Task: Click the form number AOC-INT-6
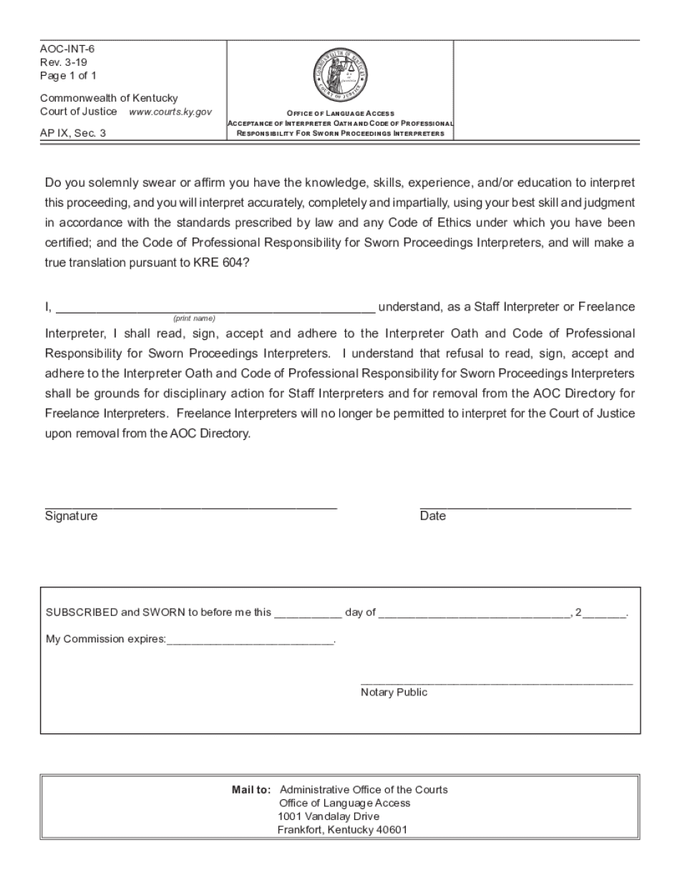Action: [x=67, y=49]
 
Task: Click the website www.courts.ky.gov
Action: [x=170, y=112]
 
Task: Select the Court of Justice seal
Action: [x=340, y=75]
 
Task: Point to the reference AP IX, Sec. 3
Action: [x=73, y=132]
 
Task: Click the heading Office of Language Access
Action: [x=341, y=113]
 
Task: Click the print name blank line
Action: [x=215, y=311]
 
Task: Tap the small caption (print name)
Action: [x=194, y=318]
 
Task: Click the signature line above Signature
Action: [x=190, y=506]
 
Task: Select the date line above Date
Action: [x=525, y=506]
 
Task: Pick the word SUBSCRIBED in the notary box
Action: [x=82, y=612]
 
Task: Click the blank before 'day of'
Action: [x=308, y=614]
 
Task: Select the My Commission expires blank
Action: [x=250, y=641]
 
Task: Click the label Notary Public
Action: [x=394, y=693]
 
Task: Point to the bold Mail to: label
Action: [x=251, y=790]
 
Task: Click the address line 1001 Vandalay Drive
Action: [x=329, y=816]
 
